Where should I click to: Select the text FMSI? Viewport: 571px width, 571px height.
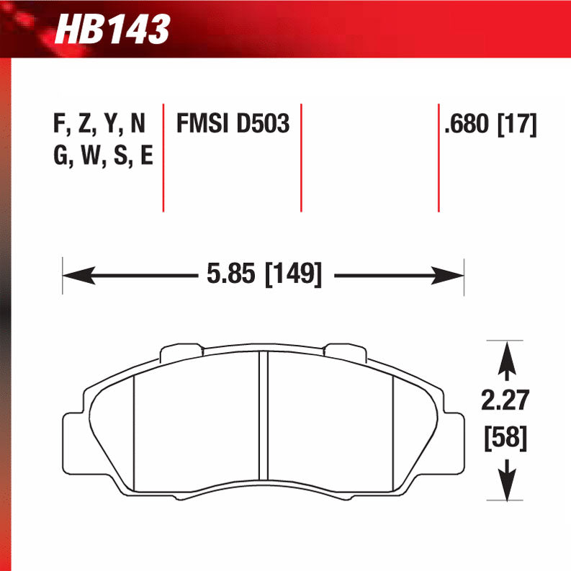coord(204,124)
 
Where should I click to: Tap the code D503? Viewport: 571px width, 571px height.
coord(262,124)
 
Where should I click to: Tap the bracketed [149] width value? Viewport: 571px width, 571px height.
coord(293,274)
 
